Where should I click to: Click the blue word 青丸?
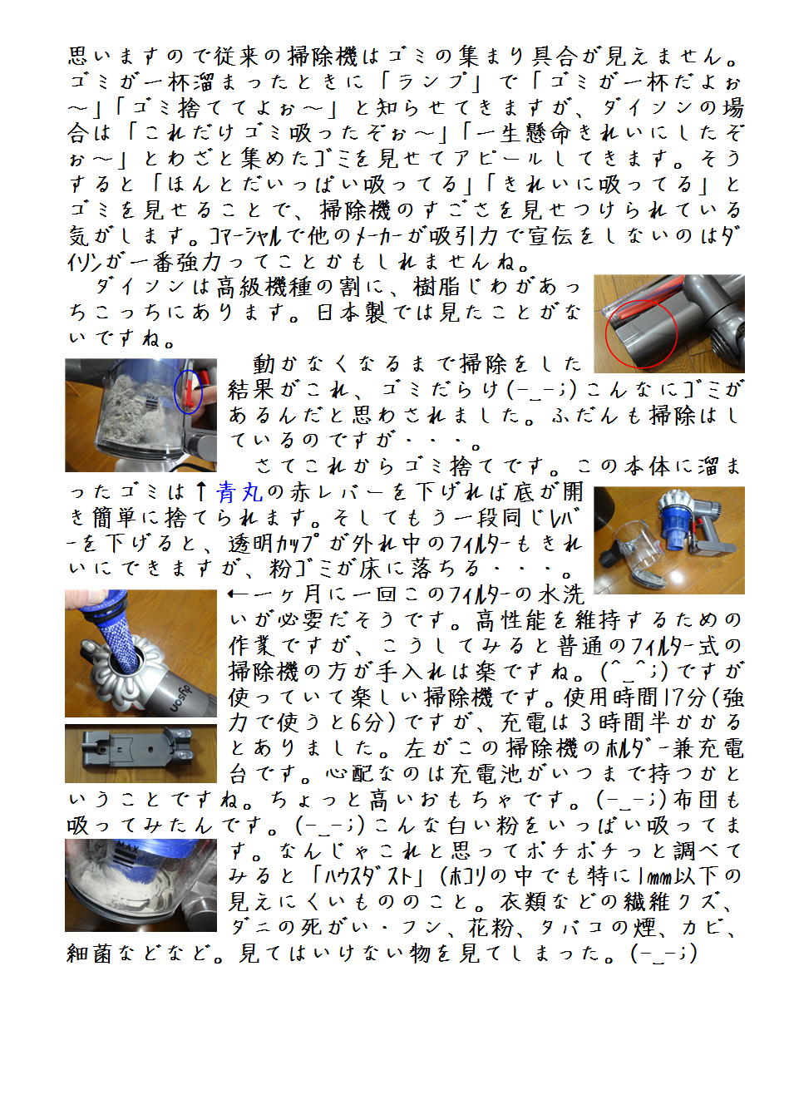tap(239, 492)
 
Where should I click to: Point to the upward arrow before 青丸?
tap(201, 491)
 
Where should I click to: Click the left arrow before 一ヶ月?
tap(241, 594)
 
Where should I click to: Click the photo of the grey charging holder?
tap(141, 753)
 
